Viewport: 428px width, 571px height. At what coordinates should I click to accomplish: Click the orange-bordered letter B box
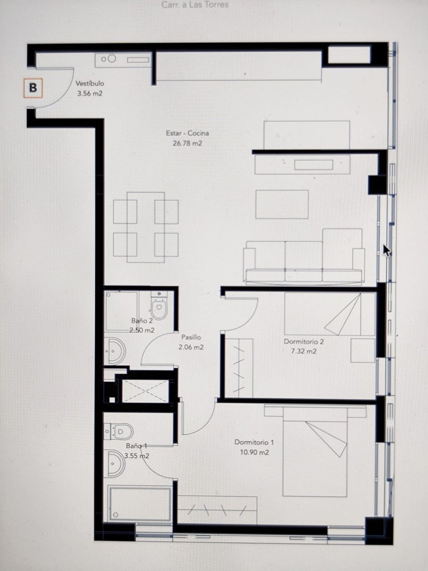(x=33, y=88)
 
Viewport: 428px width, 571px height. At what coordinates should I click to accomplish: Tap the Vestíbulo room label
(x=90, y=84)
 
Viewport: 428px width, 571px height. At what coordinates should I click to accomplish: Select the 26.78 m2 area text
(x=187, y=143)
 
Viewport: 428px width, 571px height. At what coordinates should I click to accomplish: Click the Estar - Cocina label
(x=187, y=133)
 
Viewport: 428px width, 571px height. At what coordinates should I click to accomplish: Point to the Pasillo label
(x=191, y=337)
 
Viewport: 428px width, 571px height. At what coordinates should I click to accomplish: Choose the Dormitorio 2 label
(x=304, y=341)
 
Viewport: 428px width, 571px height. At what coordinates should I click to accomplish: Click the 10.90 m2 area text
(x=254, y=452)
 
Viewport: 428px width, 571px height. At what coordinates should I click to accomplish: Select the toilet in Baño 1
(x=119, y=431)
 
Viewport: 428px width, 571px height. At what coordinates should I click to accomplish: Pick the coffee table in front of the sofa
(x=282, y=204)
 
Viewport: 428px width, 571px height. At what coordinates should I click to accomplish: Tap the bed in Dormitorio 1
(x=315, y=451)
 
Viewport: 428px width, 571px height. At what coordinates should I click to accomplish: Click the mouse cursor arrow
(x=387, y=251)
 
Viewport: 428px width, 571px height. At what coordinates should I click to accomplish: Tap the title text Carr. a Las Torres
(x=195, y=5)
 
